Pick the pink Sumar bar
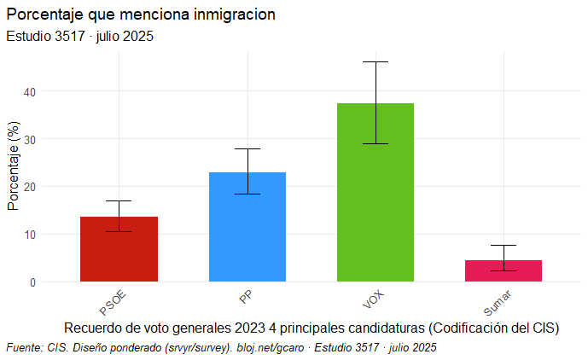click(x=503, y=270)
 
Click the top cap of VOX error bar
click(x=375, y=61)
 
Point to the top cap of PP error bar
click(x=247, y=149)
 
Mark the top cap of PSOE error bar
click(x=119, y=200)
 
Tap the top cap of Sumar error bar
click(x=503, y=245)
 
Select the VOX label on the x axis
click(x=370, y=299)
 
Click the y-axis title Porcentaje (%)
click(x=13, y=166)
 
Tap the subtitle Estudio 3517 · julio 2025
click(x=79, y=37)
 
